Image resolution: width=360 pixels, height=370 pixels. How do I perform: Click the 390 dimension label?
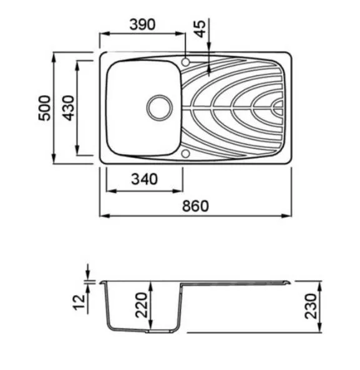pyautogui.click(x=142, y=24)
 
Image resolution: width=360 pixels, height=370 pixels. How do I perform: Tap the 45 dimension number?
pyautogui.click(x=200, y=29)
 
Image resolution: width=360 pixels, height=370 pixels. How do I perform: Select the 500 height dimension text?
pyautogui.click(x=44, y=108)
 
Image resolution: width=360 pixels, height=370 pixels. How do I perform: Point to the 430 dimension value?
pyautogui.click(x=68, y=108)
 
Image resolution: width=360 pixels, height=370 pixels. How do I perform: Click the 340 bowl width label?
pyautogui.click(x=144, y=179)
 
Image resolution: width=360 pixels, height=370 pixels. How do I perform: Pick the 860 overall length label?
pyautogui.click(x=195, y=206)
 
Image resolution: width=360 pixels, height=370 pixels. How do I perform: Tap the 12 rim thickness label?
pyautogui.click(x=79, y=302)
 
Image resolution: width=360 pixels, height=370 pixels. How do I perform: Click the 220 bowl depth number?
pyautogui.click(x=141, y=305)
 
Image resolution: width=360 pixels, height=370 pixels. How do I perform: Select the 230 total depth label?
pyautogui.click(x=310, y=306)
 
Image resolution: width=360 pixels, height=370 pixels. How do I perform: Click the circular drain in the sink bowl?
pyautogui.click(x=160, y=108)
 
